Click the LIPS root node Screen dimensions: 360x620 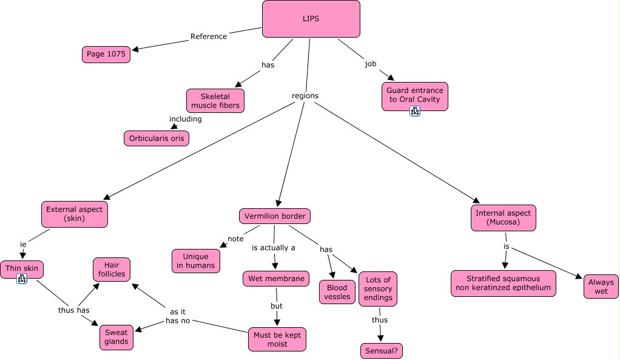[x=311, y=19]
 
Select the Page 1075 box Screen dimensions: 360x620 [x=106, y=54]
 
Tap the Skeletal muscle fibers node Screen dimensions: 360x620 [x=215, y=101]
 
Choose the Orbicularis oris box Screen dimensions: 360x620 [x=156, y=138]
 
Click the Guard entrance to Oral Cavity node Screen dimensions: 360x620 [x=414, y=95]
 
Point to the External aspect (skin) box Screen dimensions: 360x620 [x=75, y=214]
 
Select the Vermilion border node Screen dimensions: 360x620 [x=274, y=216]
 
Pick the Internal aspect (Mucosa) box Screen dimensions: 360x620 [x=503, y=218]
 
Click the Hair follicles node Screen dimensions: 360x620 [x=112, y=270]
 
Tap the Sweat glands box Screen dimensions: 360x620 [x=116, y=337]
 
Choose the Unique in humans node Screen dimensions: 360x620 [x=196, y=261]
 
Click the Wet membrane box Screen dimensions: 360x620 [x=276, y=279]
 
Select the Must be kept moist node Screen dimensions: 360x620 [x=277, y=339]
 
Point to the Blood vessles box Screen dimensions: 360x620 [x=337, y=292]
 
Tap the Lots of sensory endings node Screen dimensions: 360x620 [x=377, y=289]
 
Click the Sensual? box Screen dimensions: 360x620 [x=381, y=351]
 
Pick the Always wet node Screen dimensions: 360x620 [x=601, y=287]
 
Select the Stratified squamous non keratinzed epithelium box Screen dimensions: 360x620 [x=503, y=284]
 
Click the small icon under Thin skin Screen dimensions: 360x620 [x=22, y=279]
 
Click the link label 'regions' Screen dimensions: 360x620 [x=305, y=96]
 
